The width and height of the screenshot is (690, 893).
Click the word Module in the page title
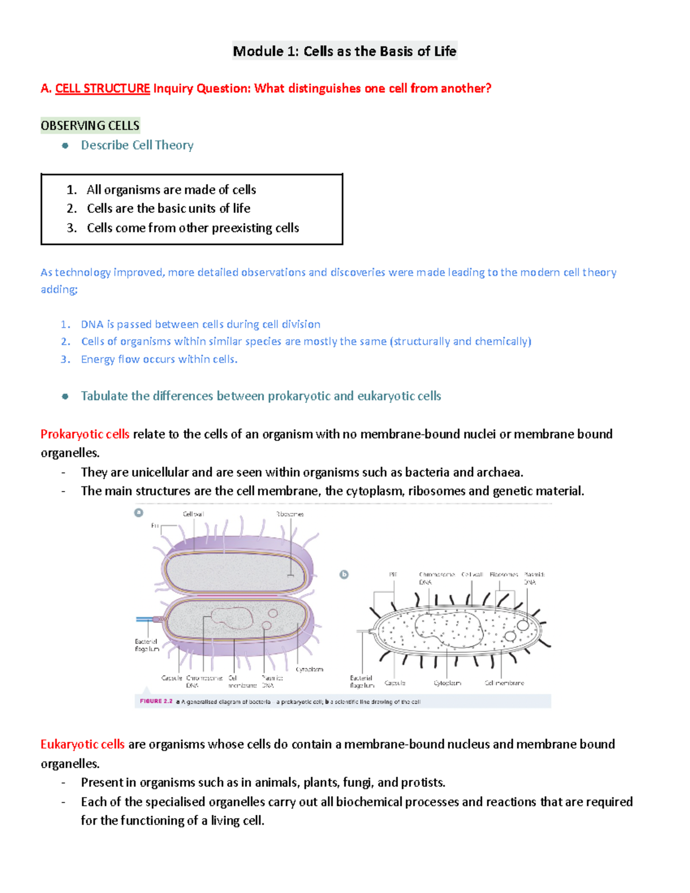tap(258, 51)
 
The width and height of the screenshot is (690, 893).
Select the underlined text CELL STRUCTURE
tap(102, 89)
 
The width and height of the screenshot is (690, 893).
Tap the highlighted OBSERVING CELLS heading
tap(90, 125)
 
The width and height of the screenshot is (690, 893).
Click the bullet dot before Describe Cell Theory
tap(66, 145)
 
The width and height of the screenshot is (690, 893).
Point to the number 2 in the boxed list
tap(71, 208)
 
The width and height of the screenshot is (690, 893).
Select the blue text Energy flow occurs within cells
tap(159, 359)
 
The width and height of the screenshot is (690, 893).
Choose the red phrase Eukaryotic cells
tap(83, 744)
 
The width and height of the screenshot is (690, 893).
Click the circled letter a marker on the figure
tap(139, 512)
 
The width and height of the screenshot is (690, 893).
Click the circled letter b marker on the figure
tap(344, 574)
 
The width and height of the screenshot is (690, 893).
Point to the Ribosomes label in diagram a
tap(290, 514)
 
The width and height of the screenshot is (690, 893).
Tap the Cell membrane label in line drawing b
tap(504, 683)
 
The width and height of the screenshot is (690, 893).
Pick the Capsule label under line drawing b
tap(395, 683)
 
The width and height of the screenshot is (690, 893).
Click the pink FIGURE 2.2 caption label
tap(156, 702)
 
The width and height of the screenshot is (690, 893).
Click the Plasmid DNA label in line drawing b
tap(534, 578)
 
